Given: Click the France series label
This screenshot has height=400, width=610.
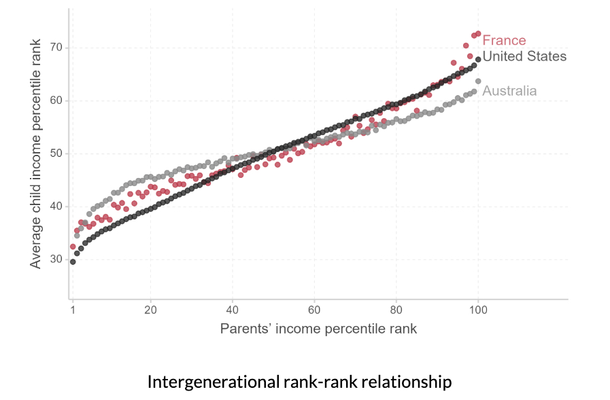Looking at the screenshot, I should (x=504, y=41).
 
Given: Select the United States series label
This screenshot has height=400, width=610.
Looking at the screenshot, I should (x=524, y=56).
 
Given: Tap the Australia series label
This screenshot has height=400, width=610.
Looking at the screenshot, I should (x=509, y=91).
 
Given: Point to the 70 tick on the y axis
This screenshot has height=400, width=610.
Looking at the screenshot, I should (x=55, y=48).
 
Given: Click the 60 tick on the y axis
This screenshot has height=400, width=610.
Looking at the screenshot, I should (x=55, y=101).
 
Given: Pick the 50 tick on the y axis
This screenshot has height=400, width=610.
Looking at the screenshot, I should (x=55, y=153).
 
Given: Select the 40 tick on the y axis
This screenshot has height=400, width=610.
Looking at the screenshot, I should (x=55, y=206).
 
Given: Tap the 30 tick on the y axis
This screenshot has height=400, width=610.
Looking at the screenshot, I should (x=55, y=259).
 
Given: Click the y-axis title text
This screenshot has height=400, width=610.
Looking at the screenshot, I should (x=36, y=153).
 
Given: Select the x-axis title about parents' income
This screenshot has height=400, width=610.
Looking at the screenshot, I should (x=318, y=329).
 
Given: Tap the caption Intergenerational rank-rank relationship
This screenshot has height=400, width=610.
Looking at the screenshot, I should (x=299, y=382).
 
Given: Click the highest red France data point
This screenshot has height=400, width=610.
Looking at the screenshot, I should (x=478, y=33).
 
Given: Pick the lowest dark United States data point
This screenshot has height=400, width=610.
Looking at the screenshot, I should (x=73, y=261).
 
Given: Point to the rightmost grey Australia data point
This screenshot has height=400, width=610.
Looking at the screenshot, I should (x=478, y=81).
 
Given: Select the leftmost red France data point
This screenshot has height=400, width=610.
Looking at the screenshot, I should (x=73, y=247).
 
